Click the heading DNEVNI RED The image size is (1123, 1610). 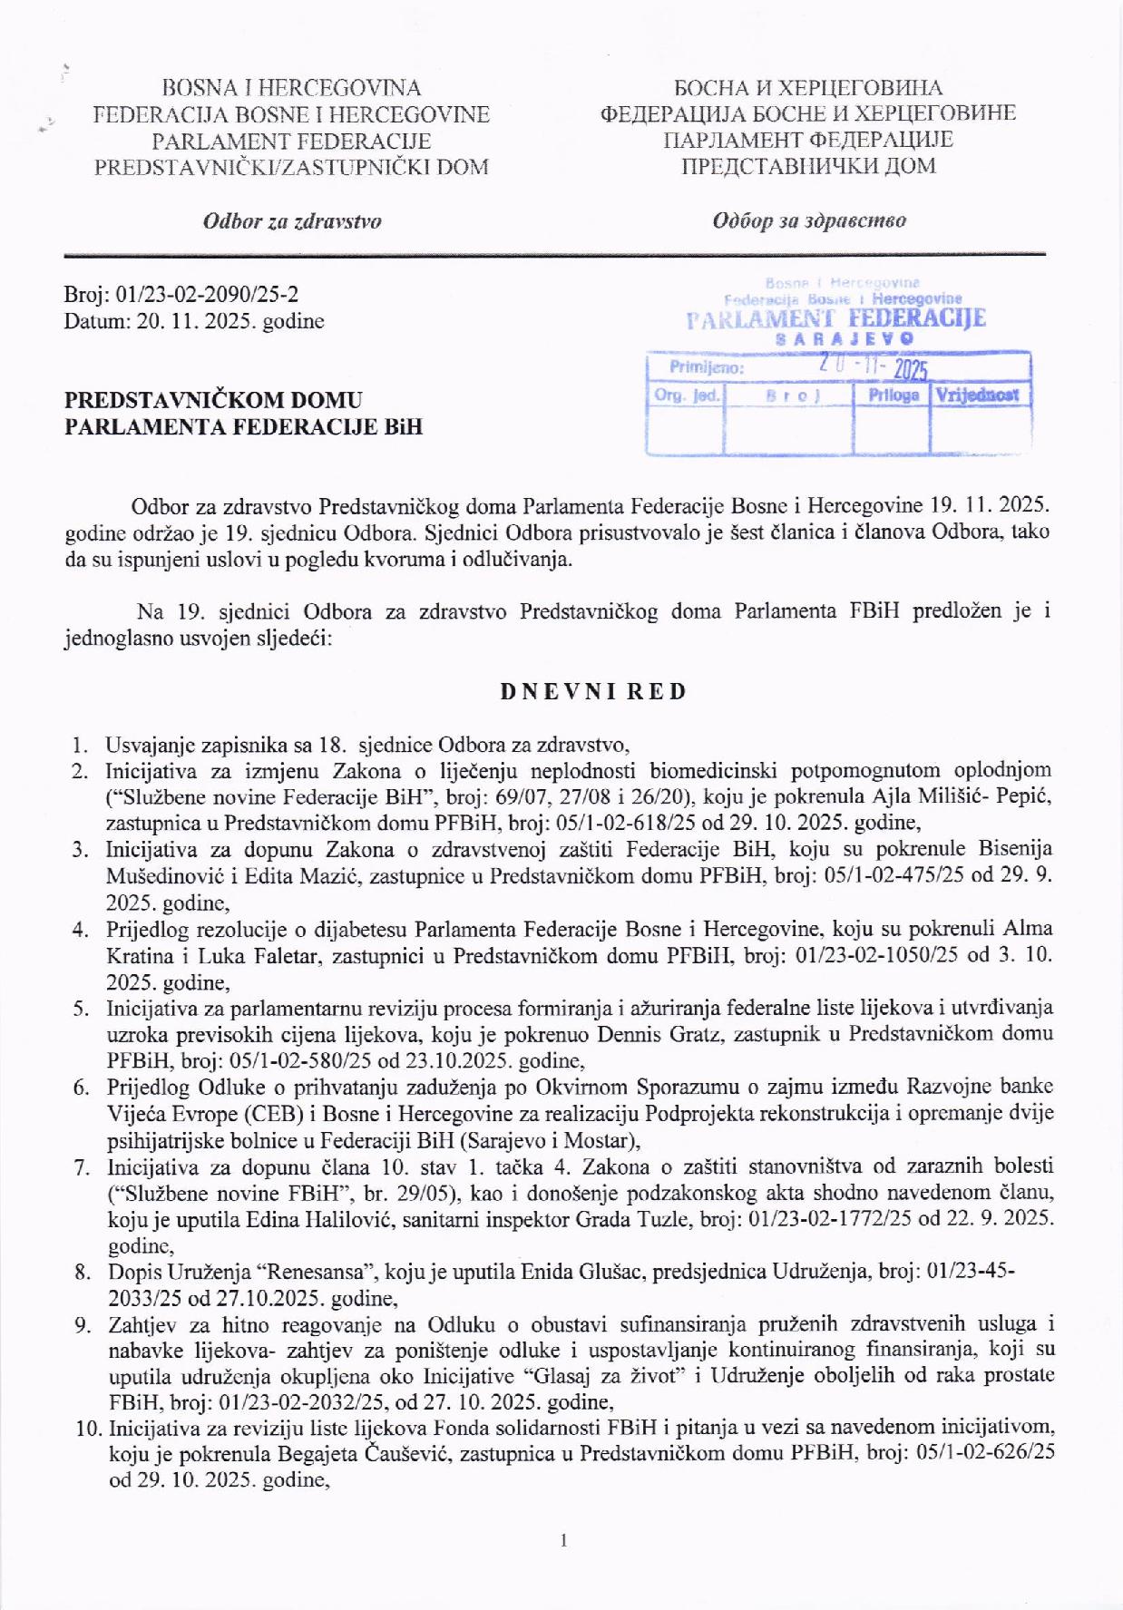[x=593, y=691]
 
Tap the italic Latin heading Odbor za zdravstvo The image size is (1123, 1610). [x=292, y=221]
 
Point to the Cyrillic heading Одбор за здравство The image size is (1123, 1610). [x=808, y=220]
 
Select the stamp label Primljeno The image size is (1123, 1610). [x=706, y=367]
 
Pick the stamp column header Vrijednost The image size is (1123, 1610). [x=977, y=395]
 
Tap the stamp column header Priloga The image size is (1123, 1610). [x=893, y=395]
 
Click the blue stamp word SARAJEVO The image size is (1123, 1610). [x=845, y=338]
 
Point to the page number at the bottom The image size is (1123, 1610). [x=563, y=1539]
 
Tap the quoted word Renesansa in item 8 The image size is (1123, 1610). [x=301, y=1272]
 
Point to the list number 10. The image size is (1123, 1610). [x=87, y=1429]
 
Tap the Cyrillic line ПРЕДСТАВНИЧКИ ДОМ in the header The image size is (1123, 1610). [x=808, y=166]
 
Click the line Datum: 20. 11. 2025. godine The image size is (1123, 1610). [x=194, y=320]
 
